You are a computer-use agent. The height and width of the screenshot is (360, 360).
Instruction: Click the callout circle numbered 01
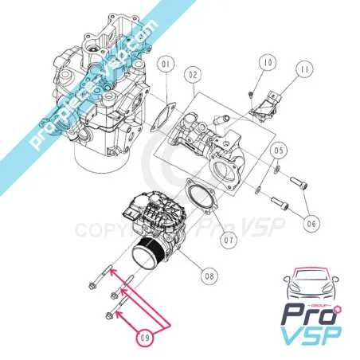[166, 65]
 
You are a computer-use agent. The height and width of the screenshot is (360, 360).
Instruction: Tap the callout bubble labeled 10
[268, 62]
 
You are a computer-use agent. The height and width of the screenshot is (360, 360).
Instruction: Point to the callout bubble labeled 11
[305, 69]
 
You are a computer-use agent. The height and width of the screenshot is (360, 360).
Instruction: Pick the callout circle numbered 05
[279, 151]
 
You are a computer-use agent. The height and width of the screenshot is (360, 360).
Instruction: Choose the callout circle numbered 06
[311, 224]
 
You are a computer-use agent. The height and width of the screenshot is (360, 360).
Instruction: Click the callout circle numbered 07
[229, 240]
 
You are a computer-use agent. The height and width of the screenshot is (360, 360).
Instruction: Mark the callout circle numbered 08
[209, 276]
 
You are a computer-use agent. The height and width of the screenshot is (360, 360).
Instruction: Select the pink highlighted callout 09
[145, 338]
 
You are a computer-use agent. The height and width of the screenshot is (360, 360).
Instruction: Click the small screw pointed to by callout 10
[250, 94]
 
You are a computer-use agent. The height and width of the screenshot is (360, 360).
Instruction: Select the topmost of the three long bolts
[100, 276]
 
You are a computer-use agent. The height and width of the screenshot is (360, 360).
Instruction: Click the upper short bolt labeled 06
[299, 183]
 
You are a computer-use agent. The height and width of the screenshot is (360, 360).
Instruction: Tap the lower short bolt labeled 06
[280, 203]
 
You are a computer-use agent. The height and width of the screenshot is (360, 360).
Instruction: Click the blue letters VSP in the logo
[311, 336]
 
